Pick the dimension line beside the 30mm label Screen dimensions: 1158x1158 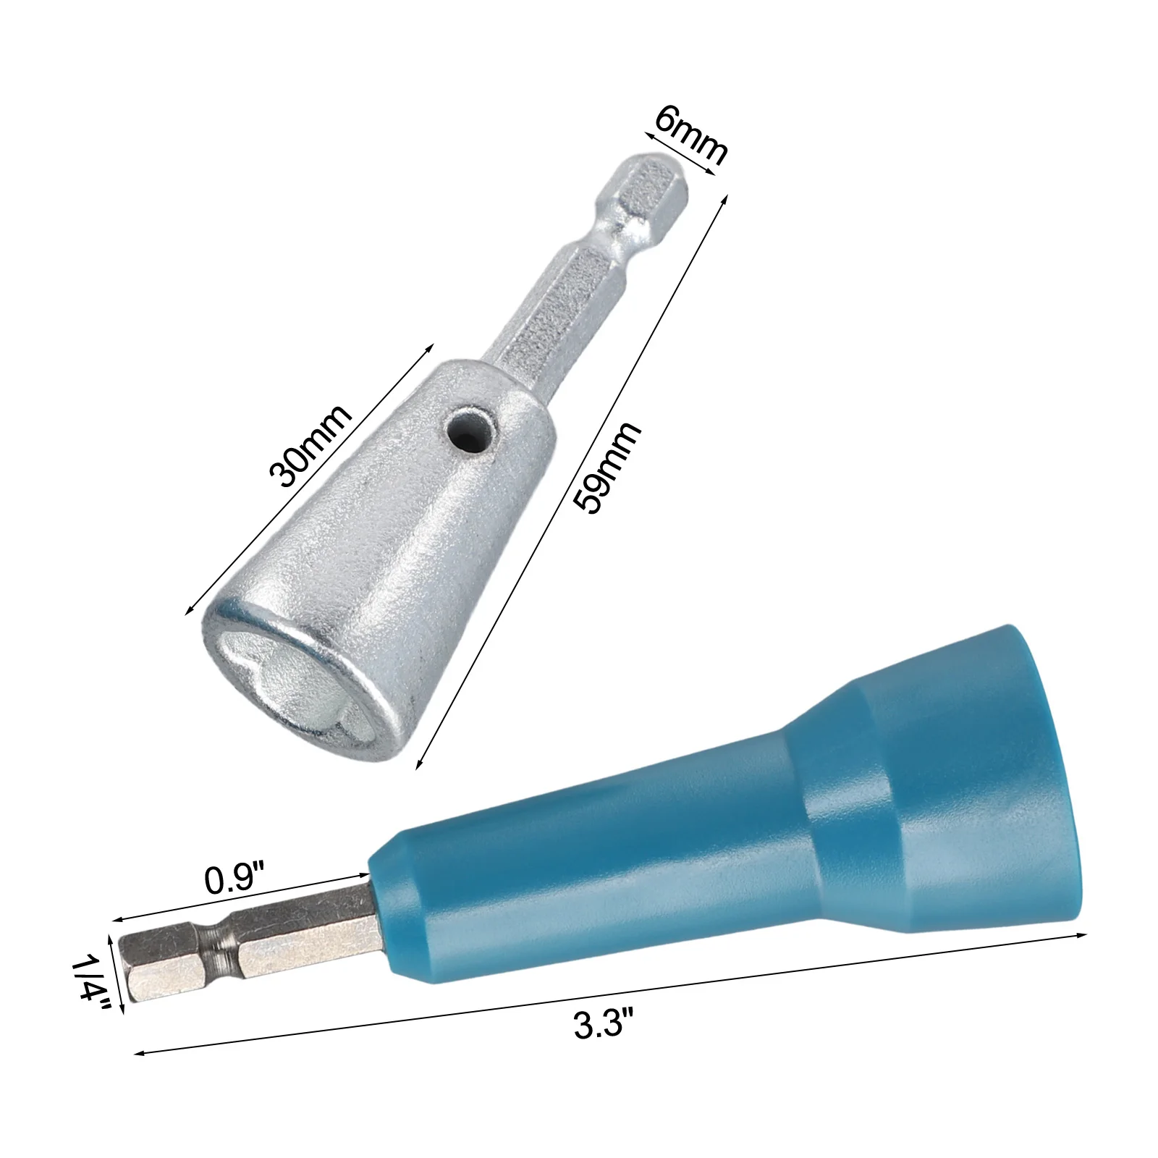(310, 477)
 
